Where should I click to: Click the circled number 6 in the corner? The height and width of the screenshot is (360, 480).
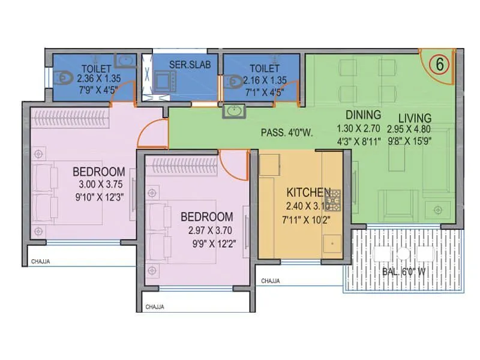439,65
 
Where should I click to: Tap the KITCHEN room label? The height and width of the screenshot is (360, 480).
308,193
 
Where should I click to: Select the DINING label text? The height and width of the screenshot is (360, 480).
363,115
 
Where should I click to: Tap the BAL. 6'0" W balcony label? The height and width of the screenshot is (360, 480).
405,271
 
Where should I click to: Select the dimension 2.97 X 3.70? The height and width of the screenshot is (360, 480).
206,229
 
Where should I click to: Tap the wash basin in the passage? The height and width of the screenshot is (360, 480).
233,111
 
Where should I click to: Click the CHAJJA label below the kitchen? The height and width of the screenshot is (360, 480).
272,280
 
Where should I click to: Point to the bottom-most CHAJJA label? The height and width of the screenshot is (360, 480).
155,307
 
